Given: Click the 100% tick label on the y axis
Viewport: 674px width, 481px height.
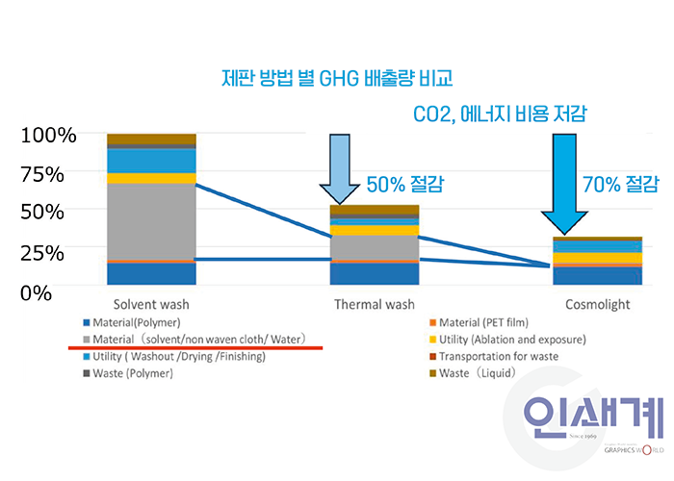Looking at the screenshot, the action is coord(48,136).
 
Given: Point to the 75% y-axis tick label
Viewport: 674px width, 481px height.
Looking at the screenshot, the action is coord(42,175).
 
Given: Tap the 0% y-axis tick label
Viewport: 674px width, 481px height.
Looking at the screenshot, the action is coord(37,293).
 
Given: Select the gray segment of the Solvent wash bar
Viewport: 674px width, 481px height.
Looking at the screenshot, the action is coord(151,221).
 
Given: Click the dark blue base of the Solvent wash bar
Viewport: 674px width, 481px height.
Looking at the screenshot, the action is coord(151,273).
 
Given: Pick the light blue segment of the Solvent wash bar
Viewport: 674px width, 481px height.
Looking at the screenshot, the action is coord(151,161).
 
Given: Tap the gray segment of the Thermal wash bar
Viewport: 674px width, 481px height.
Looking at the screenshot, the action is coord(375,248).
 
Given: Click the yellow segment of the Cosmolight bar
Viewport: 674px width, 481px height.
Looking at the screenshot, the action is coord(598,258).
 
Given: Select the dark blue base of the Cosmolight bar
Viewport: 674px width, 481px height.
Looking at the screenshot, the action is coord(598,276).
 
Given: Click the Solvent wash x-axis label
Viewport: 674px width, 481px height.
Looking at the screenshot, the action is coord(151,305).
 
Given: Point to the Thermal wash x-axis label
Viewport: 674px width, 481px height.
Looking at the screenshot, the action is coord(375,305).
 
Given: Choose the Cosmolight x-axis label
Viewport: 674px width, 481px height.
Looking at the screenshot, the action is coord(598,305).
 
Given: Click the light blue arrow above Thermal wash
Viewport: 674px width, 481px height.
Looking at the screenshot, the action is coord(340,168).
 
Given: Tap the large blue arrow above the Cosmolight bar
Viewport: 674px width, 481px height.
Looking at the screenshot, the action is coord(564,184).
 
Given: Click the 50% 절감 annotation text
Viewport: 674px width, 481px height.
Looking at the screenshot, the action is coord(405,185).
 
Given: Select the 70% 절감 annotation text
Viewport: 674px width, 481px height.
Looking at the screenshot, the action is coord(621,185).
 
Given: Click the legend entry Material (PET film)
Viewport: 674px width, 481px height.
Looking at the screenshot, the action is coord(479,322).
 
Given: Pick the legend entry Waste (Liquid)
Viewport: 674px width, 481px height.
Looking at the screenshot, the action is coord(473,373).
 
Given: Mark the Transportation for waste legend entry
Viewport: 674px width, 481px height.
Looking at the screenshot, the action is coord(494,357).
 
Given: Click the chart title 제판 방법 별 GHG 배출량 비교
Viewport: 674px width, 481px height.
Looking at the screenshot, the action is coord(337,79).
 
